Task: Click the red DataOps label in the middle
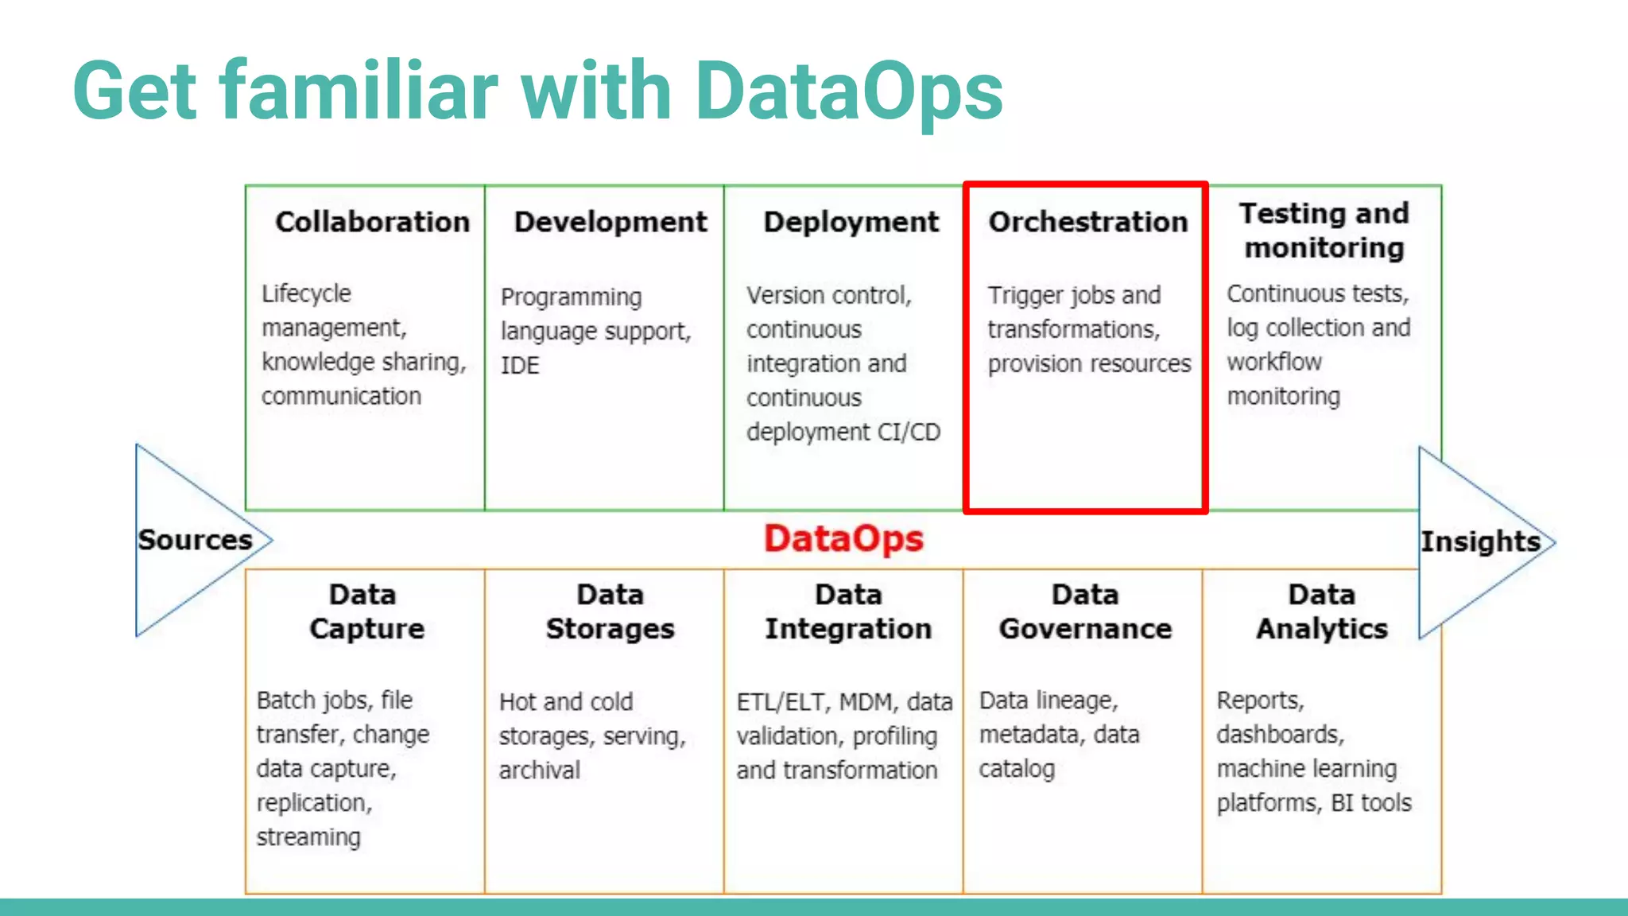[x=843, y=539]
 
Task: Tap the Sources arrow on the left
[x=195, y=540]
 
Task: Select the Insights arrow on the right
[x=1480, y=541]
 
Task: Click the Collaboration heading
[x=372, y=222]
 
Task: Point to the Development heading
[x=610, y=222]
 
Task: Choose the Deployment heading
[x=851, y=222]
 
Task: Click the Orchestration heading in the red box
[x=1087, y=222]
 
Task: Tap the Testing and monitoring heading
[x=1324, y=231]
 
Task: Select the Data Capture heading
[x=366, y=611]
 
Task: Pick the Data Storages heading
[x=610, y=611]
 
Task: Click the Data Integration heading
[x=848, y=611]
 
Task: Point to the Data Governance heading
[x=1085, y=611]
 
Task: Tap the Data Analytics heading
[x=1322, y=611]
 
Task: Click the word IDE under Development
[x=520, y=366]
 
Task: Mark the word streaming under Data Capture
[x=308, y=837]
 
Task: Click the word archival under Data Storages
[x=540, y=770]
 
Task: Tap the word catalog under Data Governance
[x=1017, y=769]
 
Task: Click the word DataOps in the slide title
[x=848, y=91]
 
